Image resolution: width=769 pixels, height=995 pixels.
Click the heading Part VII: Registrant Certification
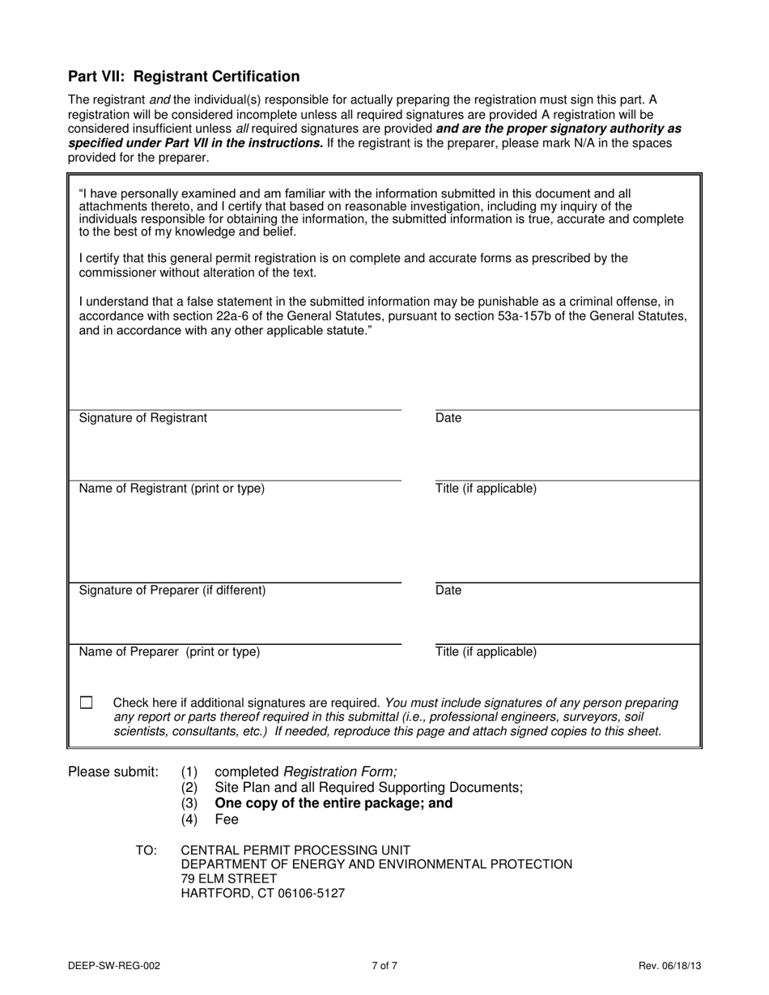(184, 77)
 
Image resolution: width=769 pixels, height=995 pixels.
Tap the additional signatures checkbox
(87, 703)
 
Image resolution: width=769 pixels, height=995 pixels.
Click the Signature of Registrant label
(142, 418)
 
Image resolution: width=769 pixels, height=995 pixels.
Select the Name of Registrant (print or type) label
(172, 489)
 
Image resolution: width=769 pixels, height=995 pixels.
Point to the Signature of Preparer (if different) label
(172, 591)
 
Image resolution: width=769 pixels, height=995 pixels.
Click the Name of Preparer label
(169, 652)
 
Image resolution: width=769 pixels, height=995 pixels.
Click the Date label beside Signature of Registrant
(448, 418)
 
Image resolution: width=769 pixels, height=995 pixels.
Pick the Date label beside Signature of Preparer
(448, 591)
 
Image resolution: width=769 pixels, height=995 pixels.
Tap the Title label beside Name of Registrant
(486, 489)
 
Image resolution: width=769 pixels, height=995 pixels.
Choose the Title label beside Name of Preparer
(486, 652)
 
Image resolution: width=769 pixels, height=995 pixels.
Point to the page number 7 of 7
(384, 965)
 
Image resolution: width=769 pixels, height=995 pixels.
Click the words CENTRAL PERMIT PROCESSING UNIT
(295, 850)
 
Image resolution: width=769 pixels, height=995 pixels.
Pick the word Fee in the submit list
(227, 819)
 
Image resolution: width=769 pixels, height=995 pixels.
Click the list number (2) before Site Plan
(189, 787)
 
